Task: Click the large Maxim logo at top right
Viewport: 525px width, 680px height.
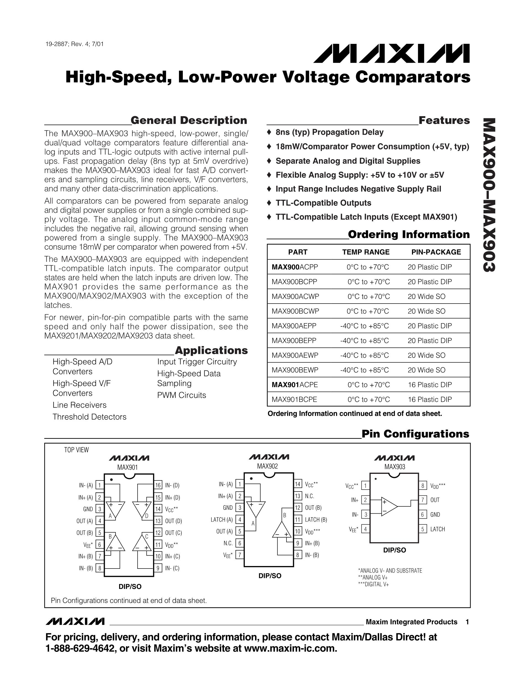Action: pos(391,53)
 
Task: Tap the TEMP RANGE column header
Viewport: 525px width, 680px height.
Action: pos(366,252)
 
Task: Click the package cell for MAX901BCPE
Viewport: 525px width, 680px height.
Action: pos(430,399)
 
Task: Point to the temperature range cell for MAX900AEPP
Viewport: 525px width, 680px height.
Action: pos(365,326)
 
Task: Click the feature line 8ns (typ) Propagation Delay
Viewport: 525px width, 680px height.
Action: pos(330,132)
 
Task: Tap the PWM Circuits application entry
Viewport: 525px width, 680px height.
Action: pos(182,395)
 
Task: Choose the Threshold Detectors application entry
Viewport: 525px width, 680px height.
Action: pos(89,417)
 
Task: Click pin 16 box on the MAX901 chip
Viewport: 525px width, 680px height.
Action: pos(158,485)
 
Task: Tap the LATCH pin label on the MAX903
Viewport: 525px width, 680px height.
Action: pos(437,529)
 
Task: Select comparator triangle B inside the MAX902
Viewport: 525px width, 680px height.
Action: pos(282,529)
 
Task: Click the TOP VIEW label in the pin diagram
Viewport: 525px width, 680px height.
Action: pos(76,450)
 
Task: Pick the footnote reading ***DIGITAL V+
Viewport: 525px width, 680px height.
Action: pos(373,584)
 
